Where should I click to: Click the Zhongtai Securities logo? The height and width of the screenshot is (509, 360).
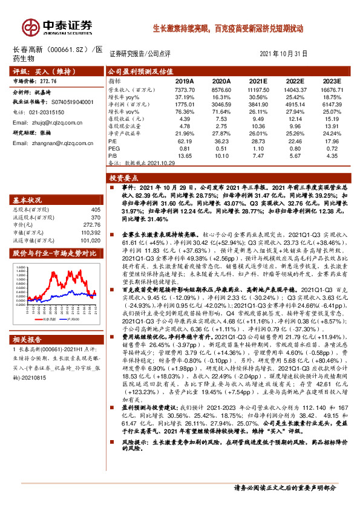click(57, 26)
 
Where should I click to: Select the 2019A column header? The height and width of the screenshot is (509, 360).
click(185, 80)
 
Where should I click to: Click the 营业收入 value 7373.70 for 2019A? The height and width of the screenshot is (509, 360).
click(185, 89)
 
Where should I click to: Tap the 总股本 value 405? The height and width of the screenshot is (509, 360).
click(94, 209)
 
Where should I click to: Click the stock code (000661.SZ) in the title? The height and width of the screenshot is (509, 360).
click(66, 49)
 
